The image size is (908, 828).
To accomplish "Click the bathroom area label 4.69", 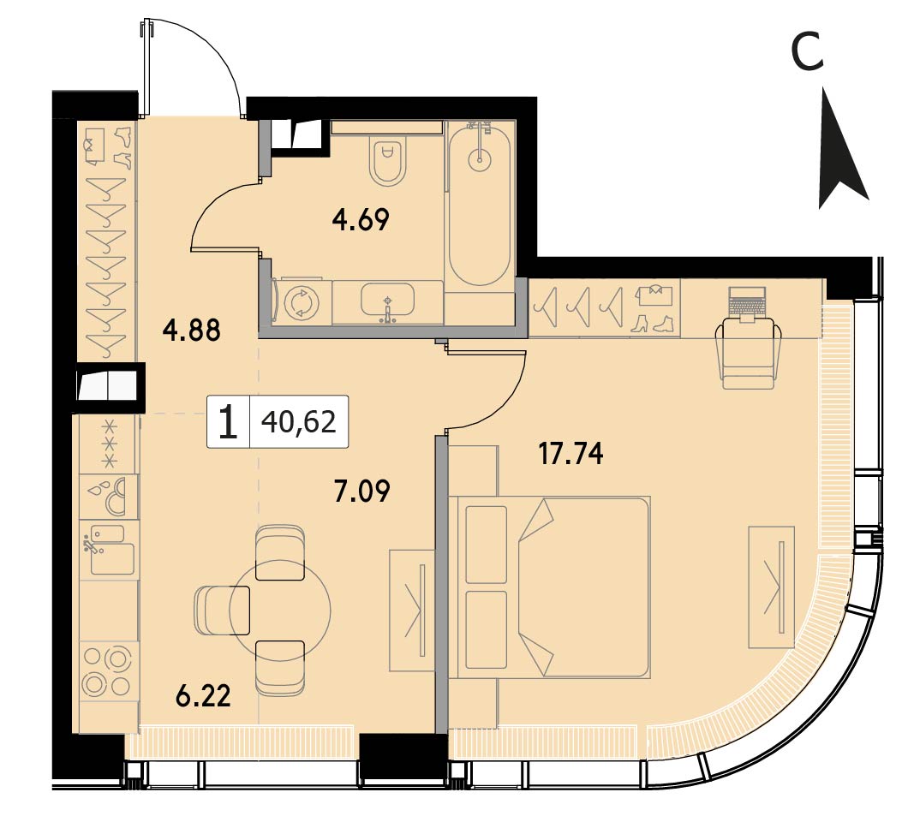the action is tap(360, 220).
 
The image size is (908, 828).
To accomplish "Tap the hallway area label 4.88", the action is tap(191, 331).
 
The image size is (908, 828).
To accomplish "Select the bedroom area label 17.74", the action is tap(571, 454).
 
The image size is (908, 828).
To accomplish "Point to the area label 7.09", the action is tap(362, 491).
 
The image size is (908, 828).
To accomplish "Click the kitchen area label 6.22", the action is tap(203, 695).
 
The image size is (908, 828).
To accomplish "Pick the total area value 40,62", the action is tap(299, 422).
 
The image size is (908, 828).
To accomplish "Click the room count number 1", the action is tap(229, 422).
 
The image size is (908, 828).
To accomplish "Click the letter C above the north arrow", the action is tap(807, 51).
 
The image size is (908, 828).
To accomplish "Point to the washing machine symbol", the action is tap(302, 302).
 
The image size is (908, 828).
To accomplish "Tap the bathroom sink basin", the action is tap(387, 300).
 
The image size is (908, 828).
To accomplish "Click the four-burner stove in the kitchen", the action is tap(108, 671).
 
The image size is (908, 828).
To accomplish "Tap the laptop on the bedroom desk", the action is tap(748, 303).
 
